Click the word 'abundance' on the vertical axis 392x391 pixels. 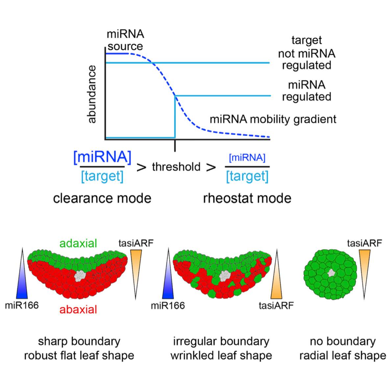(x=92, y=94)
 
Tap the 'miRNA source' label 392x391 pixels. (x=125, y=40)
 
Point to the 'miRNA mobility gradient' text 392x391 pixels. (x=273, y=119)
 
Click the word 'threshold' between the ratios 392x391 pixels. (x=176, y=167)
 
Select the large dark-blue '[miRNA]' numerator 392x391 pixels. (x=102, y=158)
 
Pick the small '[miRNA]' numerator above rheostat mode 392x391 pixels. (x=247, y=158)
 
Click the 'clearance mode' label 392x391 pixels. (x=102, y=198)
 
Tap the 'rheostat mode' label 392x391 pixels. (x=247, y=198)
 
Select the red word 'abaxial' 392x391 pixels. (x=78, y=309)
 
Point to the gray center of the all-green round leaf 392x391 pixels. (x=331, y=272)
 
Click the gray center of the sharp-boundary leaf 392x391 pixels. (x=80, y=275)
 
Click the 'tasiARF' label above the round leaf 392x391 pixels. (x=364, y=243)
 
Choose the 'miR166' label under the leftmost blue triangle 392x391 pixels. (x=22, y=305)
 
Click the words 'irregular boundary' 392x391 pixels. (x=221, y=341)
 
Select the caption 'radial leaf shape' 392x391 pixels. (x=343, y=355)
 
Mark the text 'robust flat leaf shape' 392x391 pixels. (x=79, y=355)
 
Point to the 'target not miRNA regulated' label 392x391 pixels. (x=306, y=53)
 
